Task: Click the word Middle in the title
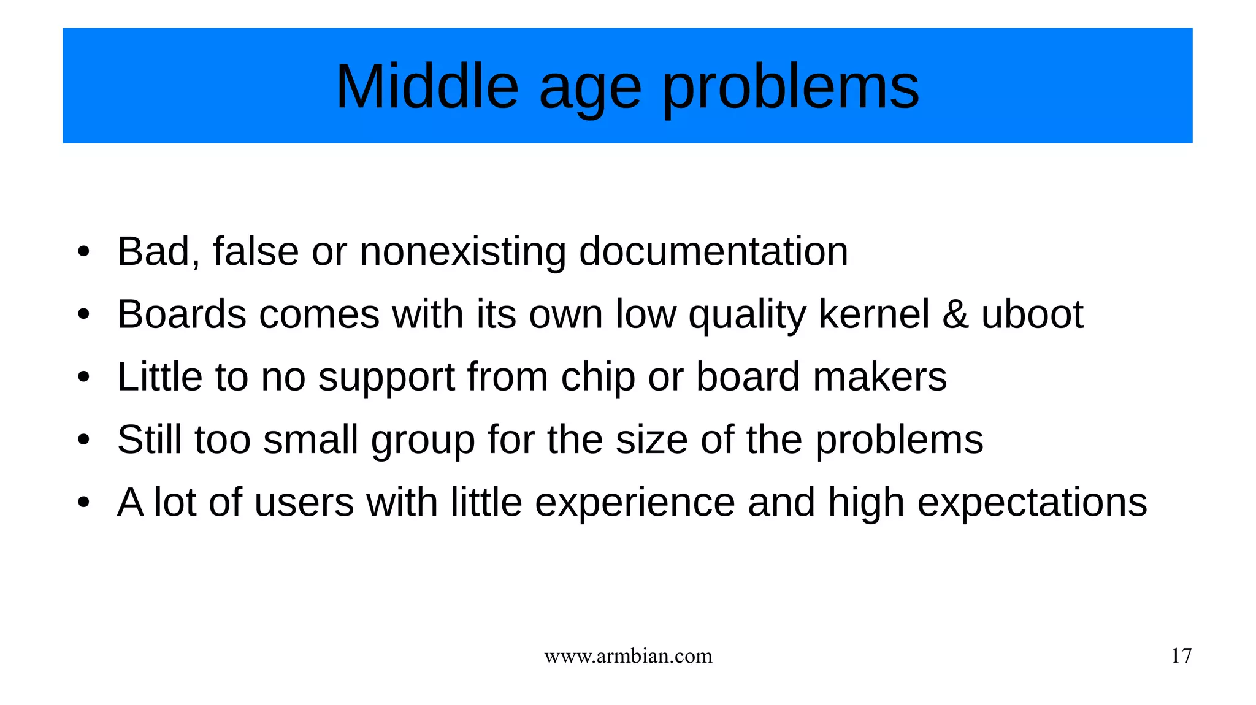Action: [427, 86]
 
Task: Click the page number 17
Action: [1181, 656]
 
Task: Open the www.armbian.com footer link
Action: [628, 657]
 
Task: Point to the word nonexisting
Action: [462, 251]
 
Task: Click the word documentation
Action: [713, 251]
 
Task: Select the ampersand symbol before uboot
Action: [955, 314]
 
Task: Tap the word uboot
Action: [1032, 314]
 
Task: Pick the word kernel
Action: [874, 314]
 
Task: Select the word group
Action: [423, 441]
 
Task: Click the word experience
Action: [635, 503]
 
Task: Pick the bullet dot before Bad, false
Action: [84, 252]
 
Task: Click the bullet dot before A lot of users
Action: [84, 503]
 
